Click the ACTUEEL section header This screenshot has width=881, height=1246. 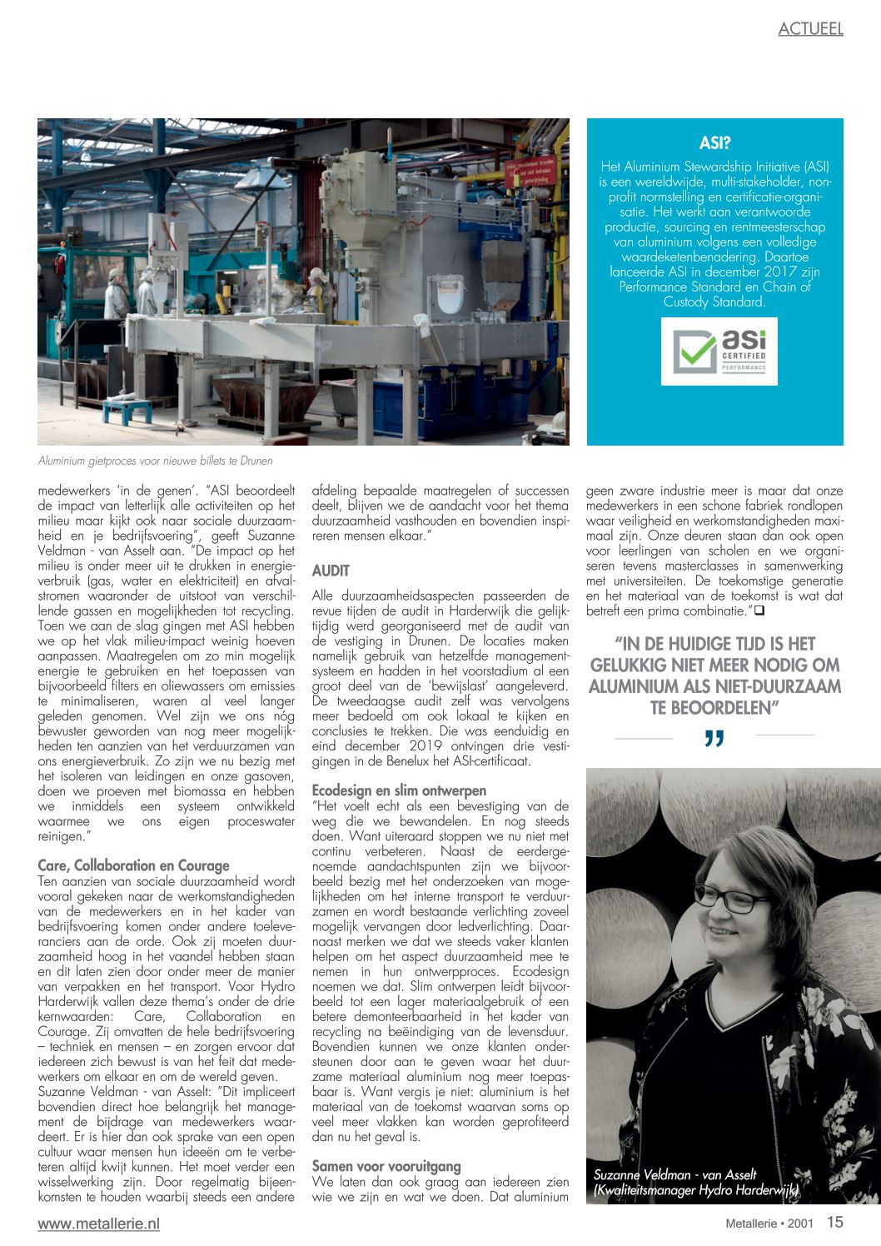pos(810,29)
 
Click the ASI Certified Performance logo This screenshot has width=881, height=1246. pos(719,351)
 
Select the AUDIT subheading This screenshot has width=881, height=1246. pos(331,571)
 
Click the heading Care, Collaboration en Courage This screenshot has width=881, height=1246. pos(133,865)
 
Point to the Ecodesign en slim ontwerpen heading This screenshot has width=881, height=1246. pos(399,790)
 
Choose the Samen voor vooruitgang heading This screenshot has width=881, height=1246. pos(386,1166)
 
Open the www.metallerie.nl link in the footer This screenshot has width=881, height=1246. pos(98,1224)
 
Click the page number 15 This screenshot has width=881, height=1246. pos(834,1222)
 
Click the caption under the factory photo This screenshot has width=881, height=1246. pos(156,461)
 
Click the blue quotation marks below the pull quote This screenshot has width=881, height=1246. pos(714,739)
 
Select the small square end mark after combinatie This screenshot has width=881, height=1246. pos(759,611)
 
